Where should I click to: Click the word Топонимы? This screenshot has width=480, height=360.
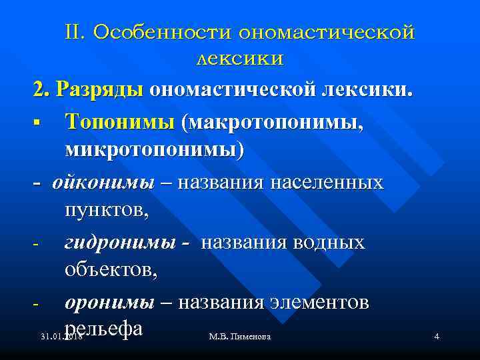pos(118,121)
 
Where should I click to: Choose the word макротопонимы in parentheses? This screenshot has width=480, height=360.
pos(273,121)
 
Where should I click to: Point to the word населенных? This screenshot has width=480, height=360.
pos(328,182)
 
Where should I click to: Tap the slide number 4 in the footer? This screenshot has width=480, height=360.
pos(436,337)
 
